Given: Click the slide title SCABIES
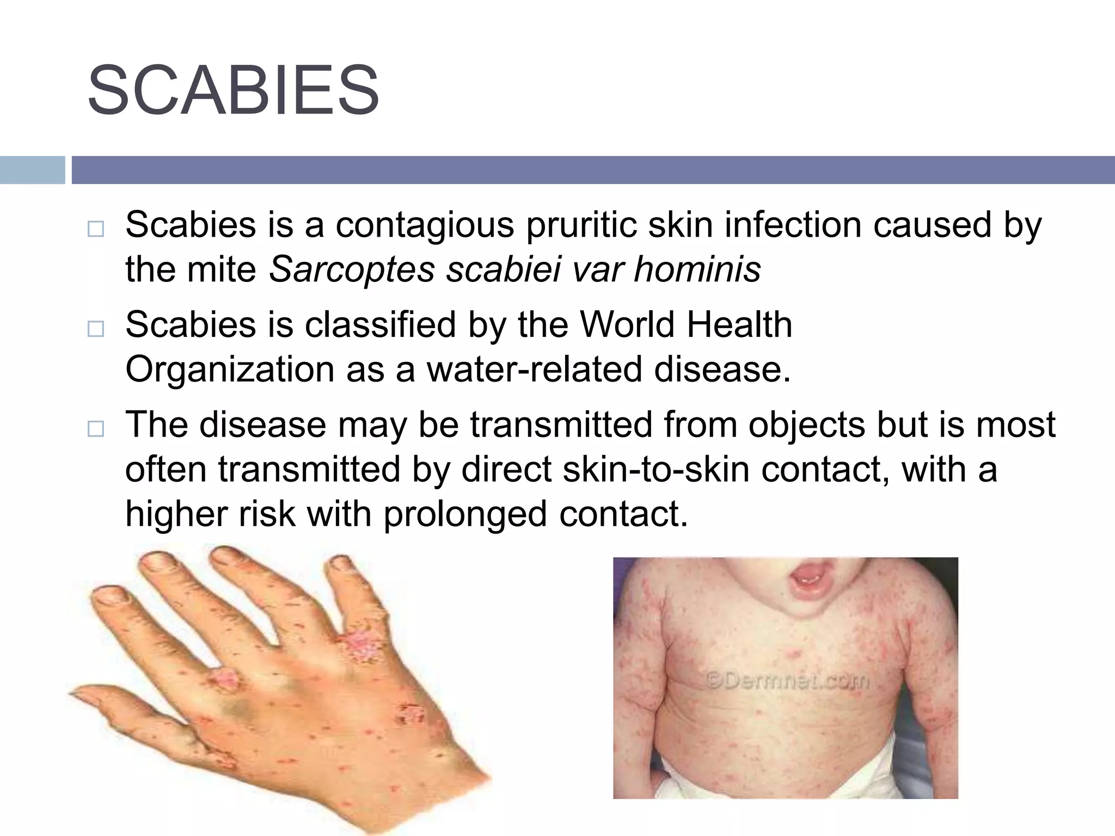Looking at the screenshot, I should [233, 90].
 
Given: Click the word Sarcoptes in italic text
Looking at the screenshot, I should [352, 269].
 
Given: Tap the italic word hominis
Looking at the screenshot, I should [697, 269].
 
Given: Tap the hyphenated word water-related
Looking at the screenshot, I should [534, 370].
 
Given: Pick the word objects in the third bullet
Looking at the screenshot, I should [806, 425].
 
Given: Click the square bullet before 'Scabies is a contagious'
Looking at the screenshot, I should [95, 229].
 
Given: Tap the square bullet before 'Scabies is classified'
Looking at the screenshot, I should [95, 329].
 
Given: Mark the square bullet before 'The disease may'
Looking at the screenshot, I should [95, 429].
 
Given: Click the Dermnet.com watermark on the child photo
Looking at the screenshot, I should [787, 680].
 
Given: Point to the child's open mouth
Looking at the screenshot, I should [811, 579].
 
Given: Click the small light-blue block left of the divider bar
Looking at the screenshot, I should [32, 170].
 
